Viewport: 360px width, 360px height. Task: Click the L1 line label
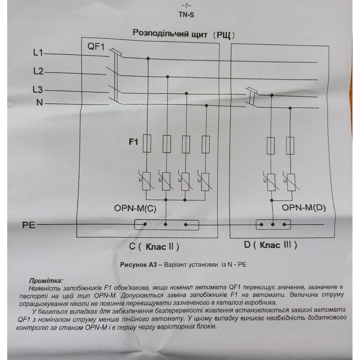tap(38, 53)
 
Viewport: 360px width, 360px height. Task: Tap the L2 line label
tap(38, 71)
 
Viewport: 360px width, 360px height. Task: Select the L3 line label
tap(38, 90)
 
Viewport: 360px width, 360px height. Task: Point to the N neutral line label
tap(40, 103)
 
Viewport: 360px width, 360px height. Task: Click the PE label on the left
tap(28, 225)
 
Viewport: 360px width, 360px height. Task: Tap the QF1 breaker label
tap(96, 47)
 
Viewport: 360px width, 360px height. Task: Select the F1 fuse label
tap(133, 141)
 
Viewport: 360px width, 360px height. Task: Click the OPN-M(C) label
tap(135, 208)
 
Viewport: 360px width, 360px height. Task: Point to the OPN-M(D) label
tap(304, 208)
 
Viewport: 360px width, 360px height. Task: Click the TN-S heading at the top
tap(186, 14)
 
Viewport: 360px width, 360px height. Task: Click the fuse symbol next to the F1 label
tap(147, 144)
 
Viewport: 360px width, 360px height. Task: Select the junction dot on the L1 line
tap(148, 58)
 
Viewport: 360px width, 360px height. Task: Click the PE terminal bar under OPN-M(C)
tap(166, 224)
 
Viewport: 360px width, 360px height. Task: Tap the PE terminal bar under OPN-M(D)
tap(273, 224)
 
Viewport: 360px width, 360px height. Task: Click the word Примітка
tap(46, 281)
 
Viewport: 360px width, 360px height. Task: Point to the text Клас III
tap(278, 245)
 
